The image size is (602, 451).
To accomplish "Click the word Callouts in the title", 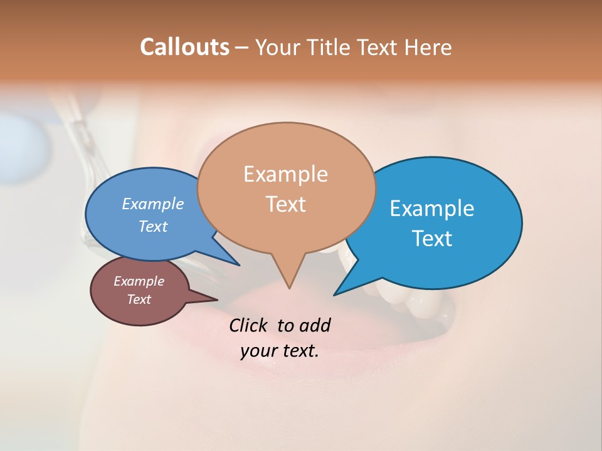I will [184, 47].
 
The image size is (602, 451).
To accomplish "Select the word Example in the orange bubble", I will [285, 174].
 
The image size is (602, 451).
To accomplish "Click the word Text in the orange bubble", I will [285, 204].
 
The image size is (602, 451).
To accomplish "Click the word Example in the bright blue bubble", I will [432, 209].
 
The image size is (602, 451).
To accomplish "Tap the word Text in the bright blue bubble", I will [432, 239].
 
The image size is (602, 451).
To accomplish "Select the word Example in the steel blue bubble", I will [153, 204].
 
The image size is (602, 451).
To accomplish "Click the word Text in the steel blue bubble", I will [153, 226].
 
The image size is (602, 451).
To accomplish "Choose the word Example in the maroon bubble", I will [139, 281].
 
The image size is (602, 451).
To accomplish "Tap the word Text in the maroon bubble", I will [139, 299].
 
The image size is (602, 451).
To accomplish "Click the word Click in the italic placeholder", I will [250, 325].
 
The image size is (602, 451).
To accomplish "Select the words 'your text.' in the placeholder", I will [280, 351].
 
